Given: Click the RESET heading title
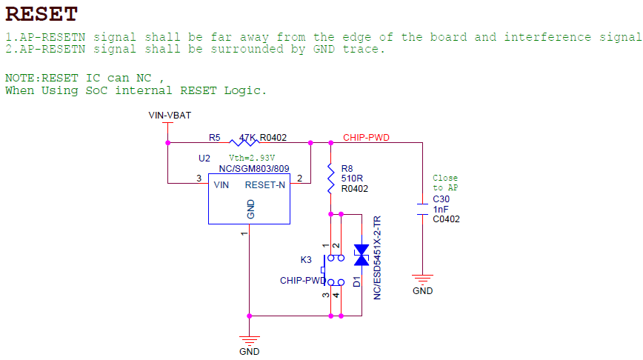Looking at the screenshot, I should coord(41,14).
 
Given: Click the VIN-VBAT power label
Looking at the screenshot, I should coord(170,116).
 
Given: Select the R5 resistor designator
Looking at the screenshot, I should coord(214,138).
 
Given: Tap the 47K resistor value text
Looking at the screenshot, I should coord(247,138).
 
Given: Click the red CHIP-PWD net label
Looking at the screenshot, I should coord(366,137).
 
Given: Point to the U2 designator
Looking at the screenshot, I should coord(204,159).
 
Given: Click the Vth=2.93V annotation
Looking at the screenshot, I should coord(252,158).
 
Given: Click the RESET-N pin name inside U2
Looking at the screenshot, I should coord(265,185).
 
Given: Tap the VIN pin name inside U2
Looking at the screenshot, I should coord(221,185).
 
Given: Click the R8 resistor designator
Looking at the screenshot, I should coord(347,168).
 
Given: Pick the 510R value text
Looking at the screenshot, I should coord(352,179).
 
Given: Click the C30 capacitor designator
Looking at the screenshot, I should coord(442,199).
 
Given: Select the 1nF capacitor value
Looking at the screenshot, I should coord(441,209).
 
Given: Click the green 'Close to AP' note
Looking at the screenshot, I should coord(445,183).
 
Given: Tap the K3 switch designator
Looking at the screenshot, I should coord(306,260).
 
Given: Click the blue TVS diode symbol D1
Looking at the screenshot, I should coord(362,256).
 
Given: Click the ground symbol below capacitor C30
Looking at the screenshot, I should coord(422,280).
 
